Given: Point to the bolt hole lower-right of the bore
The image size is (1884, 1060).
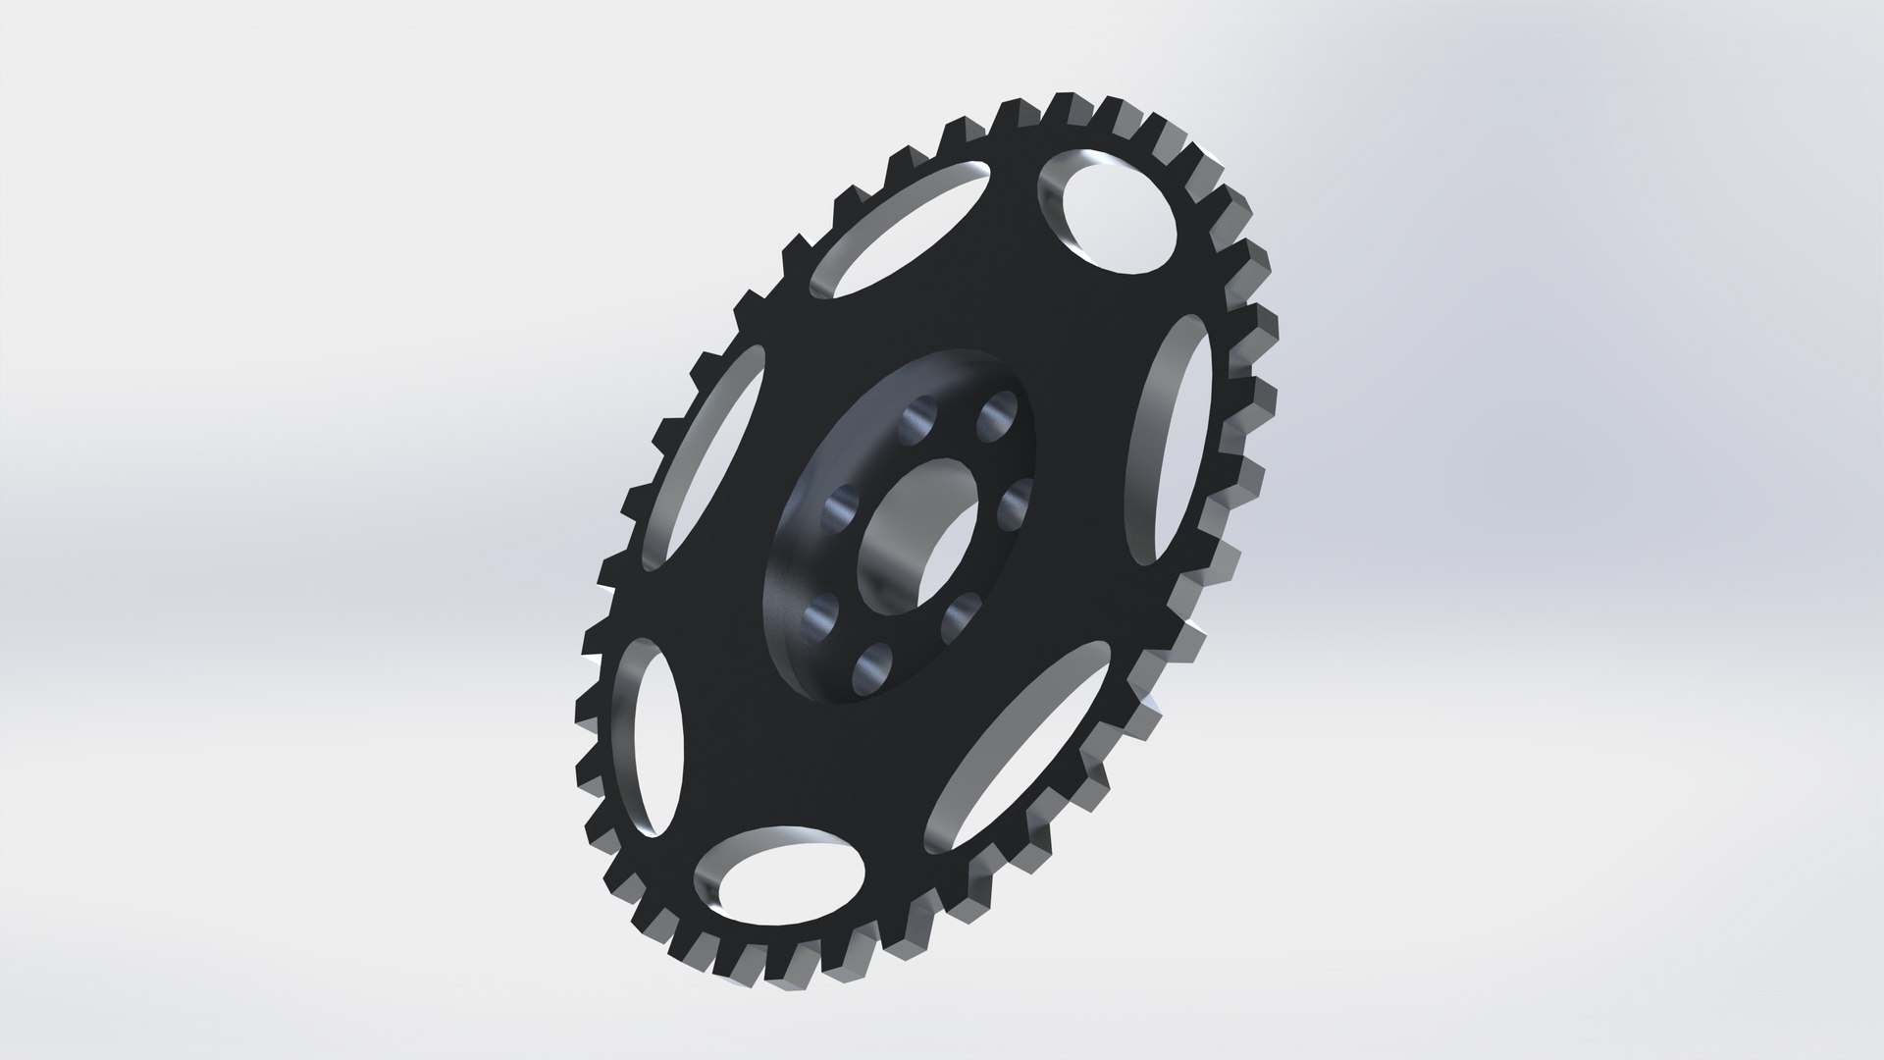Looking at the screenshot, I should click(956, 617).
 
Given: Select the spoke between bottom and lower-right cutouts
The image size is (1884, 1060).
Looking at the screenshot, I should click(893, 815).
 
